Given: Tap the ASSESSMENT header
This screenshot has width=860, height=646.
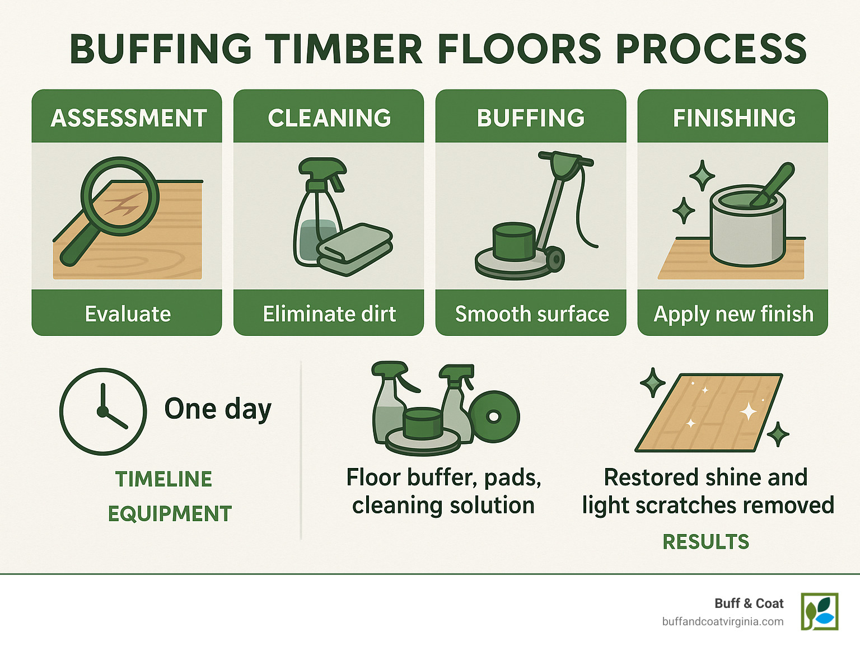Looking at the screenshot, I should (x=128, y=118).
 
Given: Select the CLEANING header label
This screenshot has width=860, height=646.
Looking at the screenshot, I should (x=329, y=118).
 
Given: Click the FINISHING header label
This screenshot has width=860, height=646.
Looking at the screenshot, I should (x=733, y=118).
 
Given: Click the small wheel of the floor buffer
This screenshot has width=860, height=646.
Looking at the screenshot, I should (x=554, y=259).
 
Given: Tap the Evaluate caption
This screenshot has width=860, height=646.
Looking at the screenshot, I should (x=128, y=314).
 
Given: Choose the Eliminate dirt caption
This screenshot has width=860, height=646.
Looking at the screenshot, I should (x=329, y=314).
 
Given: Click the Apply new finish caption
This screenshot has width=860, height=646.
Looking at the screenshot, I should (x=733, y=314).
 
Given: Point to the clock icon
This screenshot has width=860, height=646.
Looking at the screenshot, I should (x=103, y=411).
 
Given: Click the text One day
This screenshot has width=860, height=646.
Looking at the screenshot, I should (x=218, y=409).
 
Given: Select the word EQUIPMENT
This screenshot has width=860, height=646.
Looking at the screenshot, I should (x=170, y=514).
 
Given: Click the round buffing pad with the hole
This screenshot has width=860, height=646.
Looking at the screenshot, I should (x=494, y=416).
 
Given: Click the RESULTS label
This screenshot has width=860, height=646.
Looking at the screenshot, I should (x=705, y=542).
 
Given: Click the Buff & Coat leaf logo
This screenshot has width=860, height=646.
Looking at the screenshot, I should (x=819, y=611).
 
